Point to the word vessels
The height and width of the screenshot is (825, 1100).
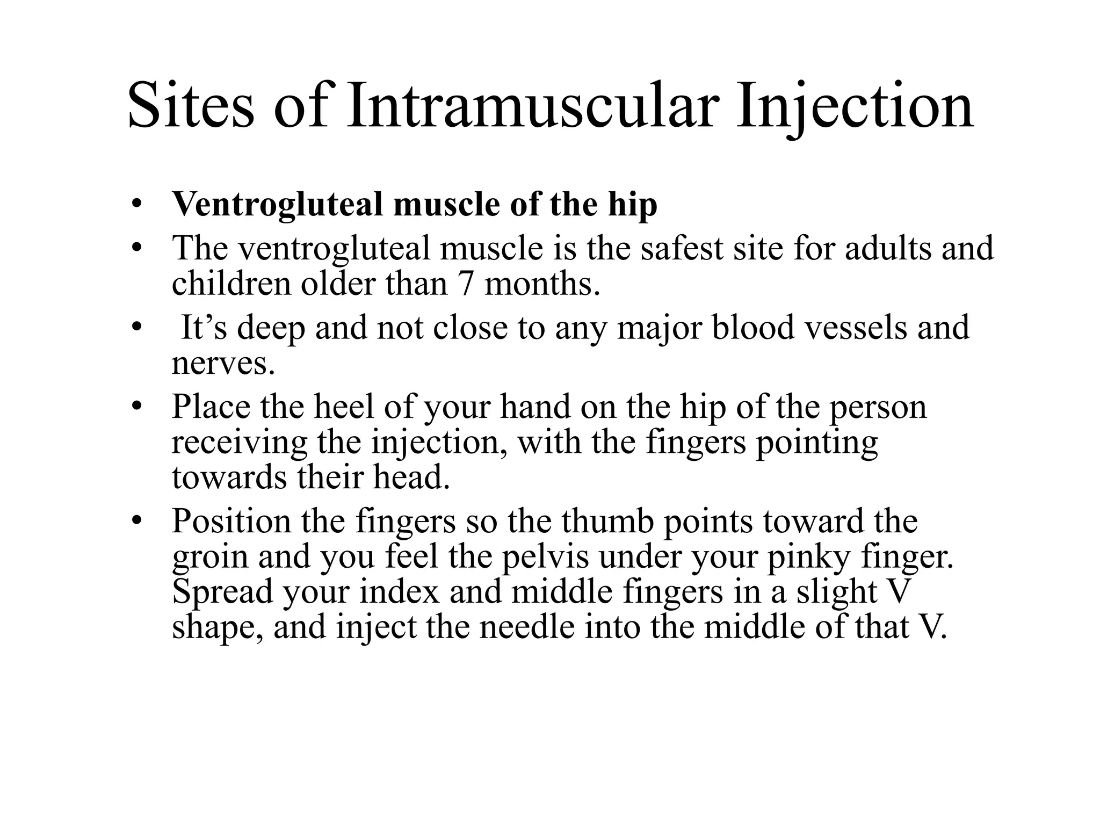854,328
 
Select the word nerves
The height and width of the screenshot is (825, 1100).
223,364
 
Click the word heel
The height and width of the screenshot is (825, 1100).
344,407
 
